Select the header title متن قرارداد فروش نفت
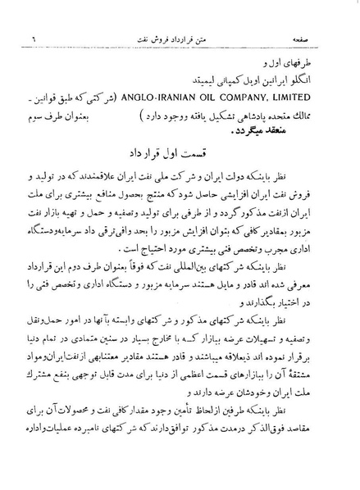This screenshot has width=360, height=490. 180,39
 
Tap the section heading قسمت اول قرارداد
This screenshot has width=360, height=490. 180,154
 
